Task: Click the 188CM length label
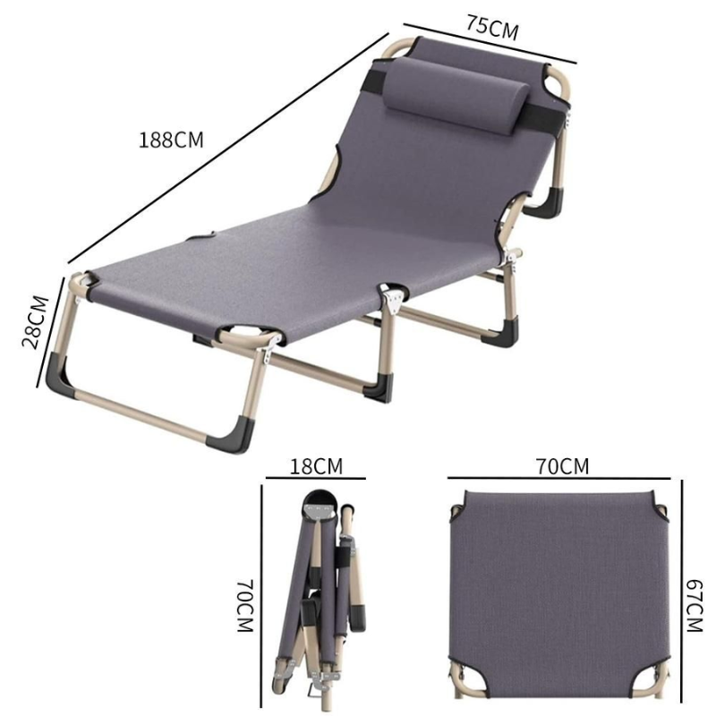(x=171, y=141)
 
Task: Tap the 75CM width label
(x=492, y=28)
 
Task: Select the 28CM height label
(x=36, y=322)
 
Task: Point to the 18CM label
(x=316, y=466)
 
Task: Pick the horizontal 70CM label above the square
(x=563, y=466)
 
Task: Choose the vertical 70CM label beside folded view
(x=245, y=606)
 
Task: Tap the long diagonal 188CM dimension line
(x=228, y=148)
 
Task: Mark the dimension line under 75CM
(x=490, y=43)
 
